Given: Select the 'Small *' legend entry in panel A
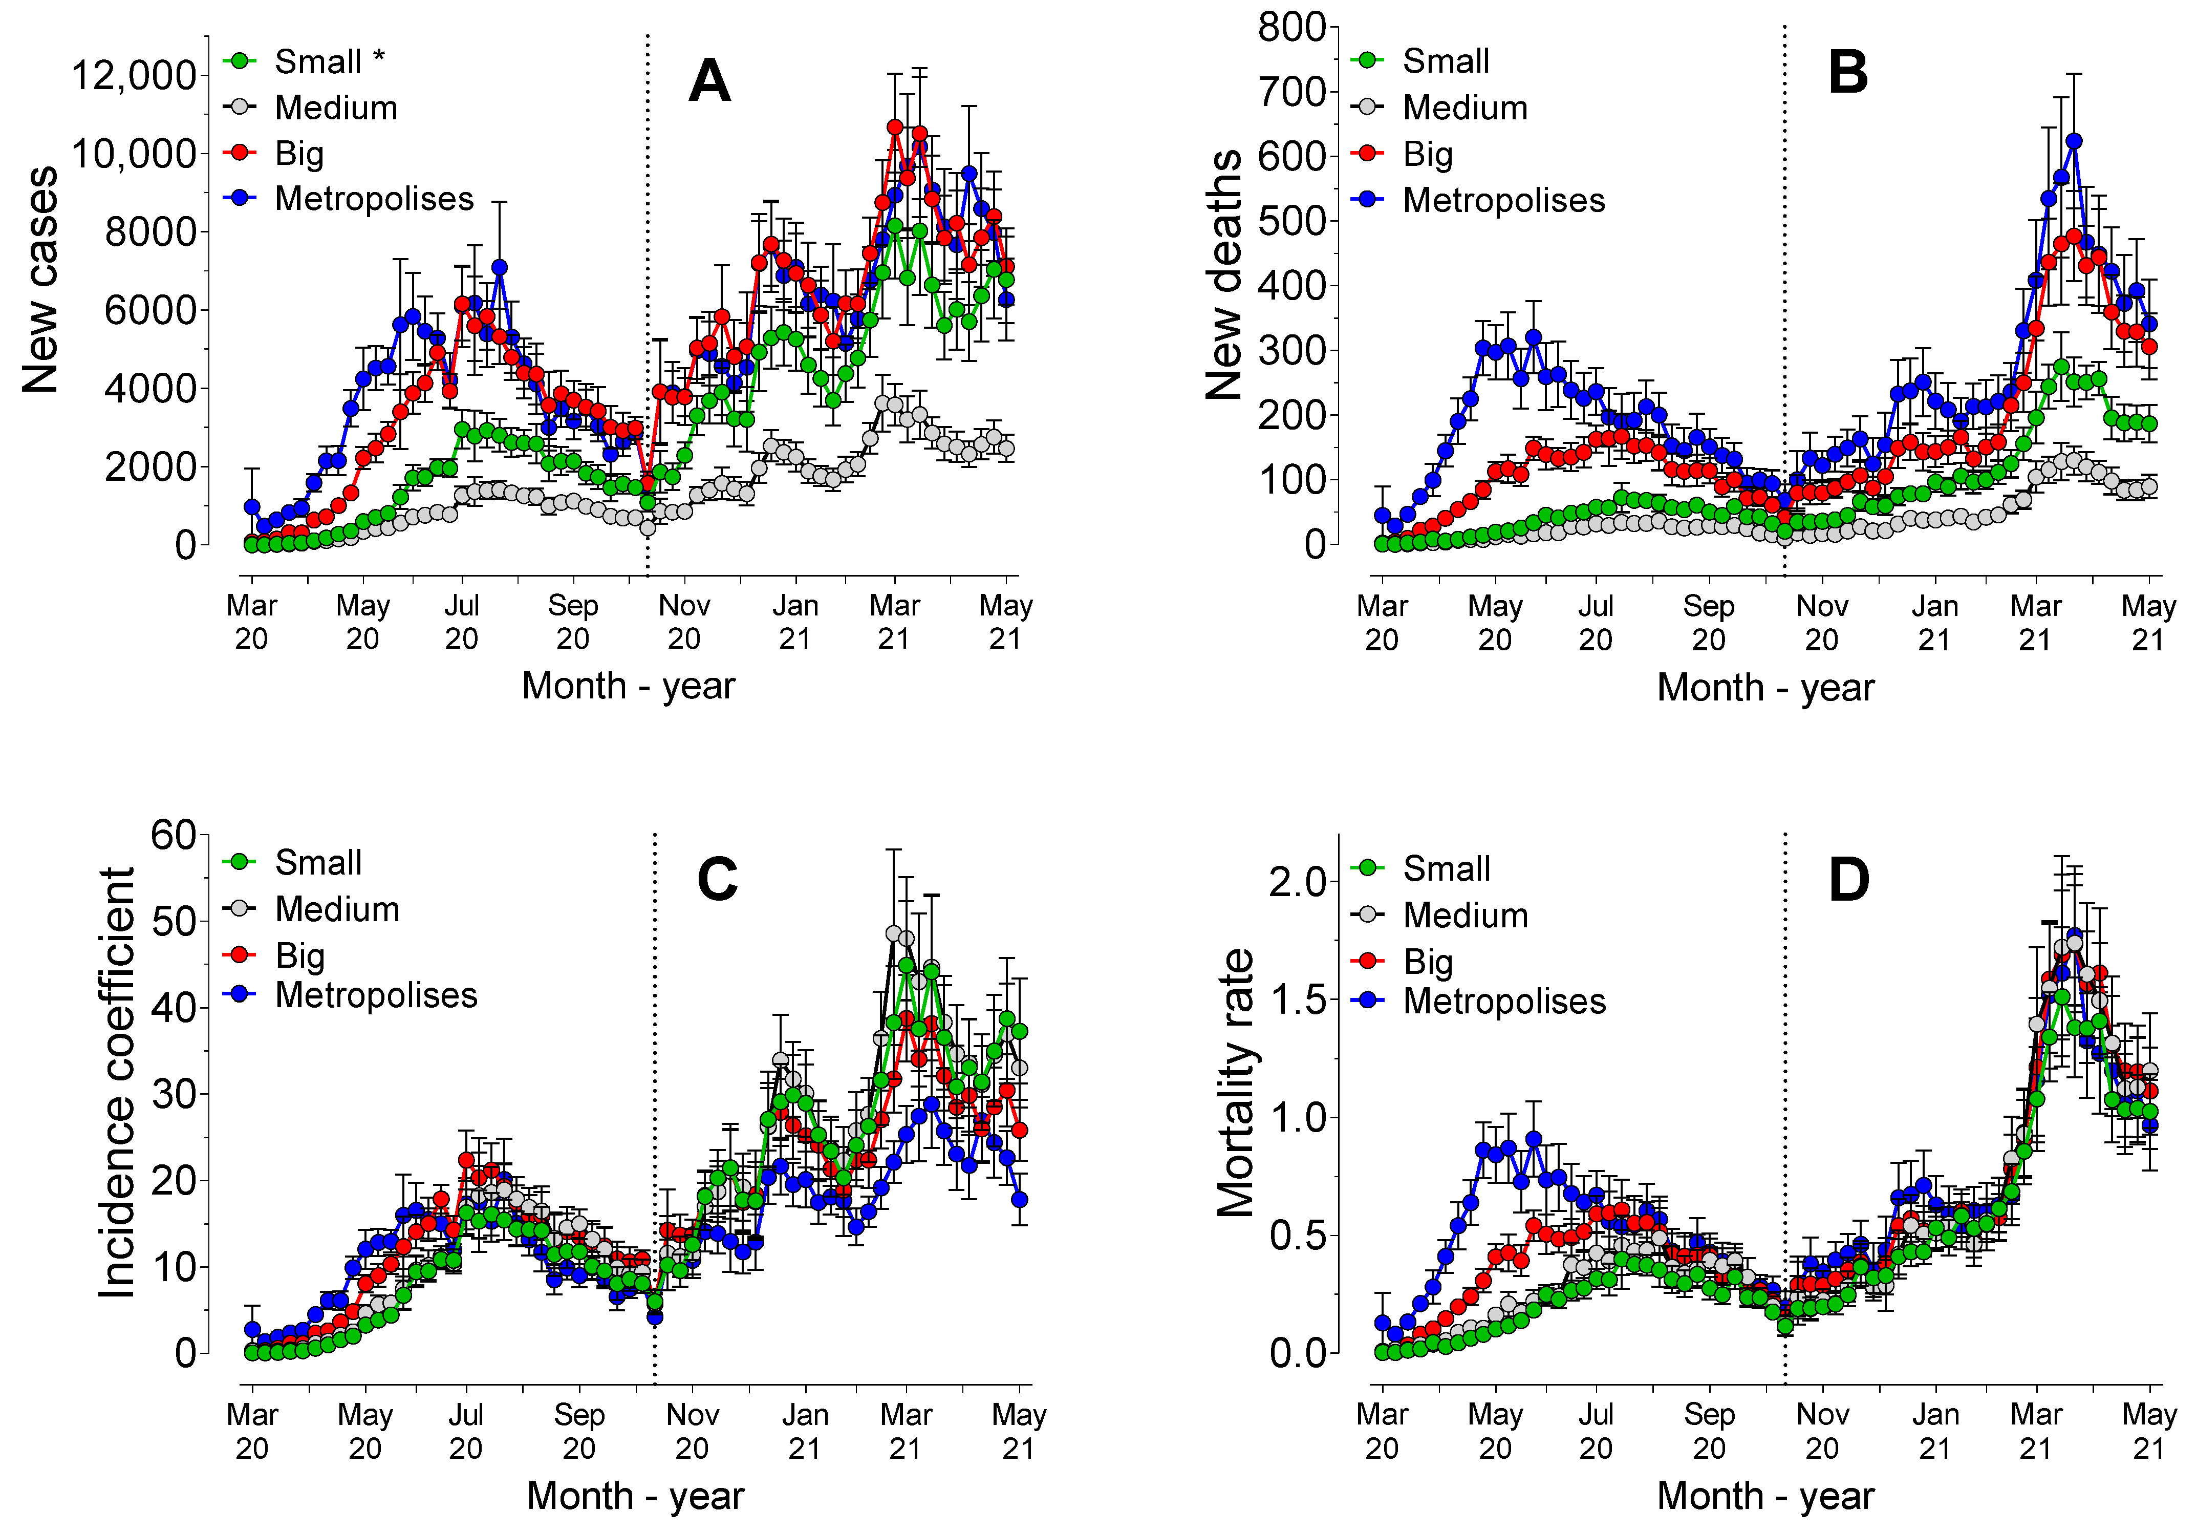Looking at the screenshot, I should (328, 61).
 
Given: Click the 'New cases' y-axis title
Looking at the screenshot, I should (40, 280).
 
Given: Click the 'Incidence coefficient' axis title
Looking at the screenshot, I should (117, 1083).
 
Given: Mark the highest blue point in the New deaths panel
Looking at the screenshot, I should (2074, 142).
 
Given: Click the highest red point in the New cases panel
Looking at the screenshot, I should (895, 127).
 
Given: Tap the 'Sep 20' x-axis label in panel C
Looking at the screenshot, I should (578, 1431).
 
